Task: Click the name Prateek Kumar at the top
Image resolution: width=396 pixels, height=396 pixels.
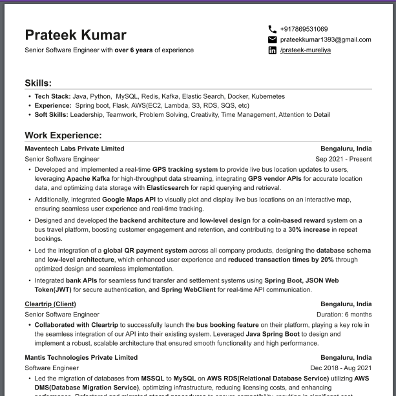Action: tap(76, 35)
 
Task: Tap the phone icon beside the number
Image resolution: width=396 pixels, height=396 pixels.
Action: tap(272, 29)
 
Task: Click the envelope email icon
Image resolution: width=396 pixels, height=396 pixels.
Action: tap(272, 39)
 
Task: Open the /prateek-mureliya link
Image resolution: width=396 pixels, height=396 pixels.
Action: tap(305, 50)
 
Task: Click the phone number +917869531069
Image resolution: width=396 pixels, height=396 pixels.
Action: tap(304, 29)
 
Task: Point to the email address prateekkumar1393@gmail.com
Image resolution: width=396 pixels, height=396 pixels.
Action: tap(326, 39)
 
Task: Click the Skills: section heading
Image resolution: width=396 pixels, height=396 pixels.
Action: tap(38, 83)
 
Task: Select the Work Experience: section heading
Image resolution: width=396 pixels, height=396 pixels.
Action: tap(63, 135)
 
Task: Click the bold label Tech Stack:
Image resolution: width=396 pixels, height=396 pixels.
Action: tap(52, 96)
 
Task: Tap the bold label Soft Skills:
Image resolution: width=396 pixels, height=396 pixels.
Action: tap(51, 114)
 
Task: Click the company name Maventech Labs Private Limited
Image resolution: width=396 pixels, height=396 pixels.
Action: tap(74, 148)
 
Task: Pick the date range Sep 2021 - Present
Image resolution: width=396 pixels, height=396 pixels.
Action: tap(343, 158)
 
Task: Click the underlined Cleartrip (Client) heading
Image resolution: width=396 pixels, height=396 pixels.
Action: tap(50, 304)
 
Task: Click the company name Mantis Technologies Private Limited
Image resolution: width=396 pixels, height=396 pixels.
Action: tap(81, 357)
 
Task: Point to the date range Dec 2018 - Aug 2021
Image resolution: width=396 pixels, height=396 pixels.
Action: tap(340, 368)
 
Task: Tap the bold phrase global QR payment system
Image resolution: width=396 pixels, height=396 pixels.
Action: tap(145, 250)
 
